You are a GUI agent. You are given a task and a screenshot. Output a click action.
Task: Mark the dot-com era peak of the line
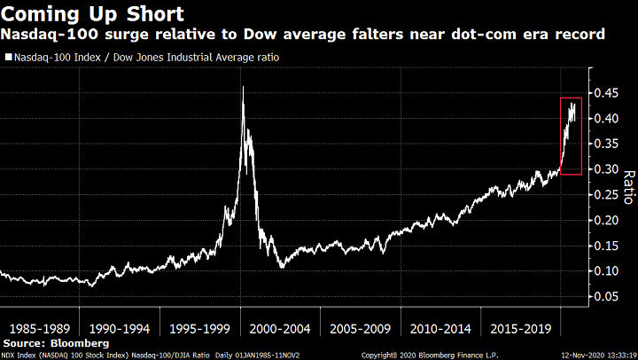pyautogui.click(x=243, y=87)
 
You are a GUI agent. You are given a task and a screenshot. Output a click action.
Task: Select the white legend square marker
pyautogui.click(x=8, y=57)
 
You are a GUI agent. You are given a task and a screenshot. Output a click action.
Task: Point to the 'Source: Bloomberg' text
pyautogui.click(x=56, y=342)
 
